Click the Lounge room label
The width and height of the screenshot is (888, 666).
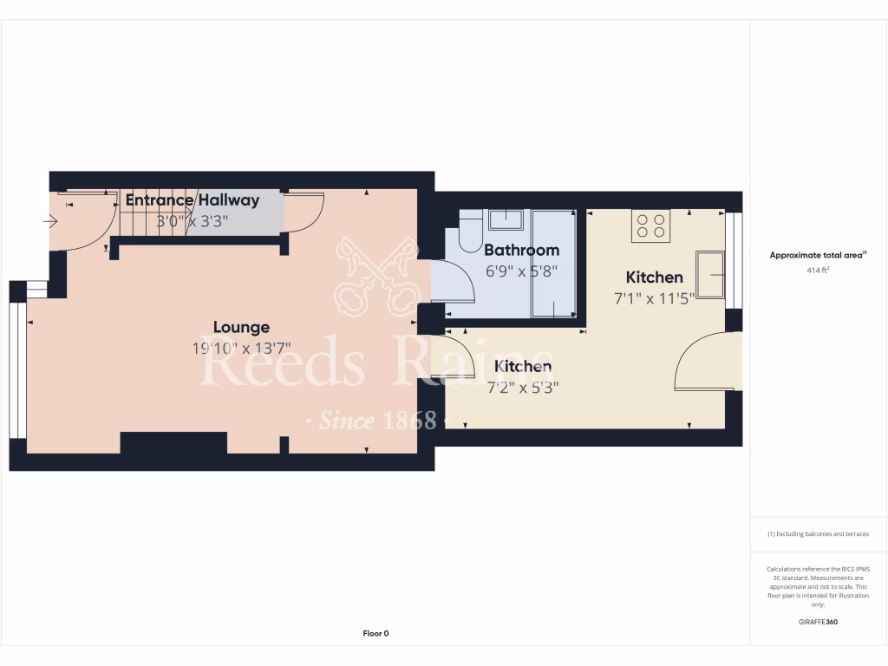coord(241,327)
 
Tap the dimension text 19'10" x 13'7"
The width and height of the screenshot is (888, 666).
coord(241,349)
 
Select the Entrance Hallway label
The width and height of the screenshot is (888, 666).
coord(192,200)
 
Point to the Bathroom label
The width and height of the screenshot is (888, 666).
coord(521,250)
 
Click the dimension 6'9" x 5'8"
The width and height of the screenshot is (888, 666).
coord(521,271)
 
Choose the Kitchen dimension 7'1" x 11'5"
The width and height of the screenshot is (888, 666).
coord(655,299)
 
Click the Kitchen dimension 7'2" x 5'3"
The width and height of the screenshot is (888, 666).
coord(523,388)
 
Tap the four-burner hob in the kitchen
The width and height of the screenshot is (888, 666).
coord(651,225)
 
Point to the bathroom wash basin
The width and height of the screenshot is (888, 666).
coord(505,219)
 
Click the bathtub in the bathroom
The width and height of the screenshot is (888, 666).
coord(553,264)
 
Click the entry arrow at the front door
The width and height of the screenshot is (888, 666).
coord(49,221)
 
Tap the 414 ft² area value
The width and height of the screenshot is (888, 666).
coord(818,271)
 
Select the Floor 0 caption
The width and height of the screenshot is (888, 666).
coord(375,634)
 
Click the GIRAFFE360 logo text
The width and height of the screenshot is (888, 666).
coord(818,622)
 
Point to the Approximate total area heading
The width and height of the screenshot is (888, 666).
coord(818,255)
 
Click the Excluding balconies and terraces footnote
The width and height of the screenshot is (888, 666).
coord(818,534)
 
